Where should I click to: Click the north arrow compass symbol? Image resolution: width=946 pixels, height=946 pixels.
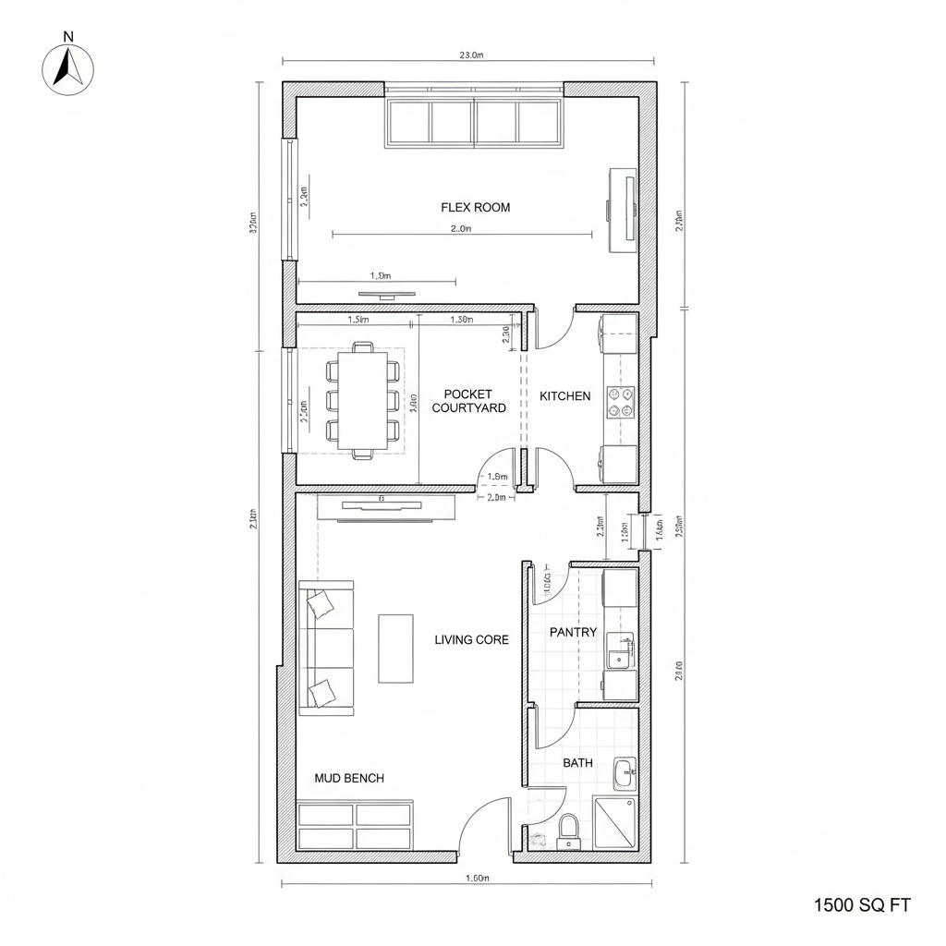pyautogui.click(x=68, y=68)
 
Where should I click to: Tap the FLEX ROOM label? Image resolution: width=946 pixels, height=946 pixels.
pyautogui.click(x=475, y=208)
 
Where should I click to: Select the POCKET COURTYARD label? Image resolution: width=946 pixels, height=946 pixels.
pyautogui.click(x=468, y=401)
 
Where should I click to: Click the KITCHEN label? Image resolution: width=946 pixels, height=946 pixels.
pyautogui.click(x=564, y=396)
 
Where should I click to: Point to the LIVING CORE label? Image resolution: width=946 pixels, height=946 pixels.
pyautogui.click(x=471, y=639)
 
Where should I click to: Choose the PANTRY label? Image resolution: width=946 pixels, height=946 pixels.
pyautogui.click(x=573, y=633)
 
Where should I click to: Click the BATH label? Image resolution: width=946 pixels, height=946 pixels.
pyautogui.click(x=577, y=763)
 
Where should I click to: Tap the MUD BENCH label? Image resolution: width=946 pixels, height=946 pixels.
pyautogui.click(x=348, y=779)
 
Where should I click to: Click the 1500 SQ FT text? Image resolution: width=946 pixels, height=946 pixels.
pyautogui.click(x=862, y=905)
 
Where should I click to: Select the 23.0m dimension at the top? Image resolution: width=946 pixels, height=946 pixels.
pyautogui.click(x=471, y=55)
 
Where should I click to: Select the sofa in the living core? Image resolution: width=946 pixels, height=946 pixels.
pyautogui.click(x=325, y=648)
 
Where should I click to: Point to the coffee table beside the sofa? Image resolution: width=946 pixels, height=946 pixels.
pyautogui.click(x=395, y=648)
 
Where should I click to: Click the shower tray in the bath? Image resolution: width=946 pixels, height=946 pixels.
pyautogui.click(x=614, y=823)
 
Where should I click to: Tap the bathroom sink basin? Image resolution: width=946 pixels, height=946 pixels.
pyautogui.click(x=625, y=771)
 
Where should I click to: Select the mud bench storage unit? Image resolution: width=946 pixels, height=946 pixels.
pyautogui.click(x=355, y=826)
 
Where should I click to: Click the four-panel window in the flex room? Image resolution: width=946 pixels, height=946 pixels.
pyautogui.click(x=474, y=121)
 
